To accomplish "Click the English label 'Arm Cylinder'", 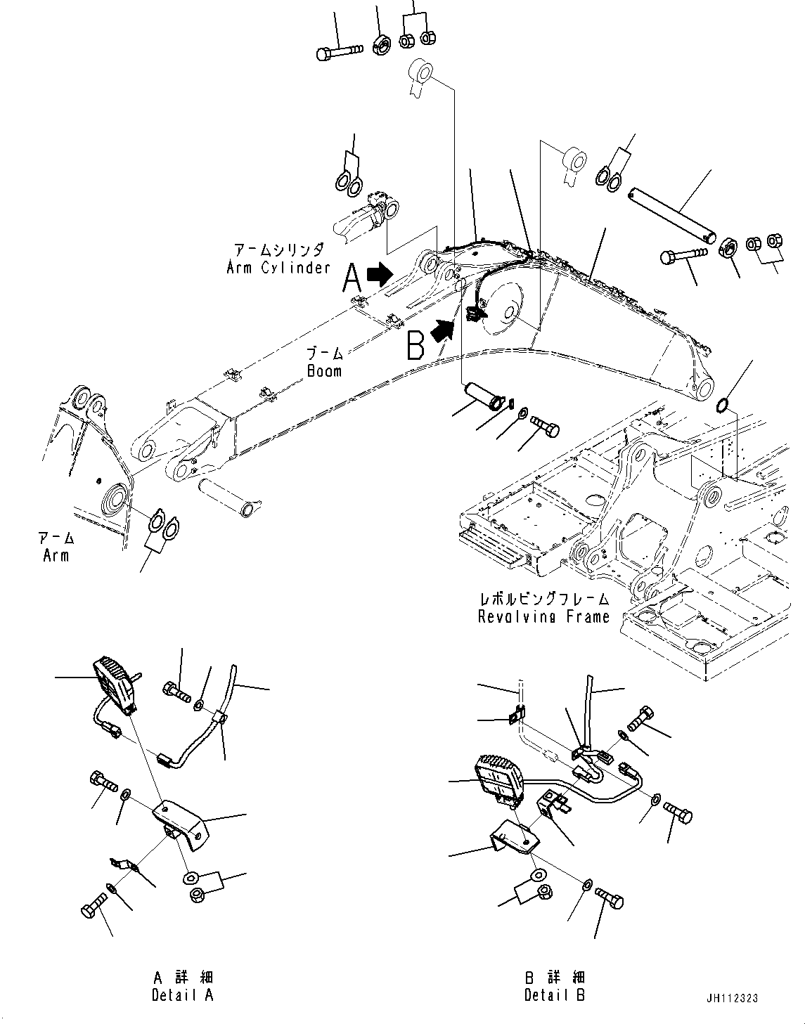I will coord(278,268).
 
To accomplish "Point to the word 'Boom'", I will coord(324,370).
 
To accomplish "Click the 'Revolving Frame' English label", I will coord(543,616).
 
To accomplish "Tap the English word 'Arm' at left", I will coord(56,555).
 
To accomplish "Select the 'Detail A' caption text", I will coord(182,994).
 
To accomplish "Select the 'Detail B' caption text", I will coord(555,994).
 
